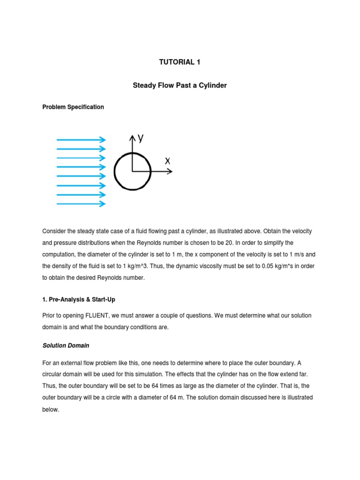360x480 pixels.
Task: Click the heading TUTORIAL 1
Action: pos(180,62)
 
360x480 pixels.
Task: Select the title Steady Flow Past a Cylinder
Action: pos(180,86)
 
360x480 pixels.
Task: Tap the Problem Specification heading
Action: pos(73,107)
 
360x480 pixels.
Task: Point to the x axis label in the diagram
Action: pos(167,160)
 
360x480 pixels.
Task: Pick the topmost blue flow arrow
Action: pos(81,139)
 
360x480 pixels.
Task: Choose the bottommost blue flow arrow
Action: pos(81,204)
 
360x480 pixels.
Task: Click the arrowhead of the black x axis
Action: pos(170,172)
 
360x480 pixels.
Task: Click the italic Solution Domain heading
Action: pos(66,345)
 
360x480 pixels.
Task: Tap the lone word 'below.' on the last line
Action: pos(51,409)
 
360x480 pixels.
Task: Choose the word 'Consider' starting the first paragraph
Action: pos(54,232)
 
